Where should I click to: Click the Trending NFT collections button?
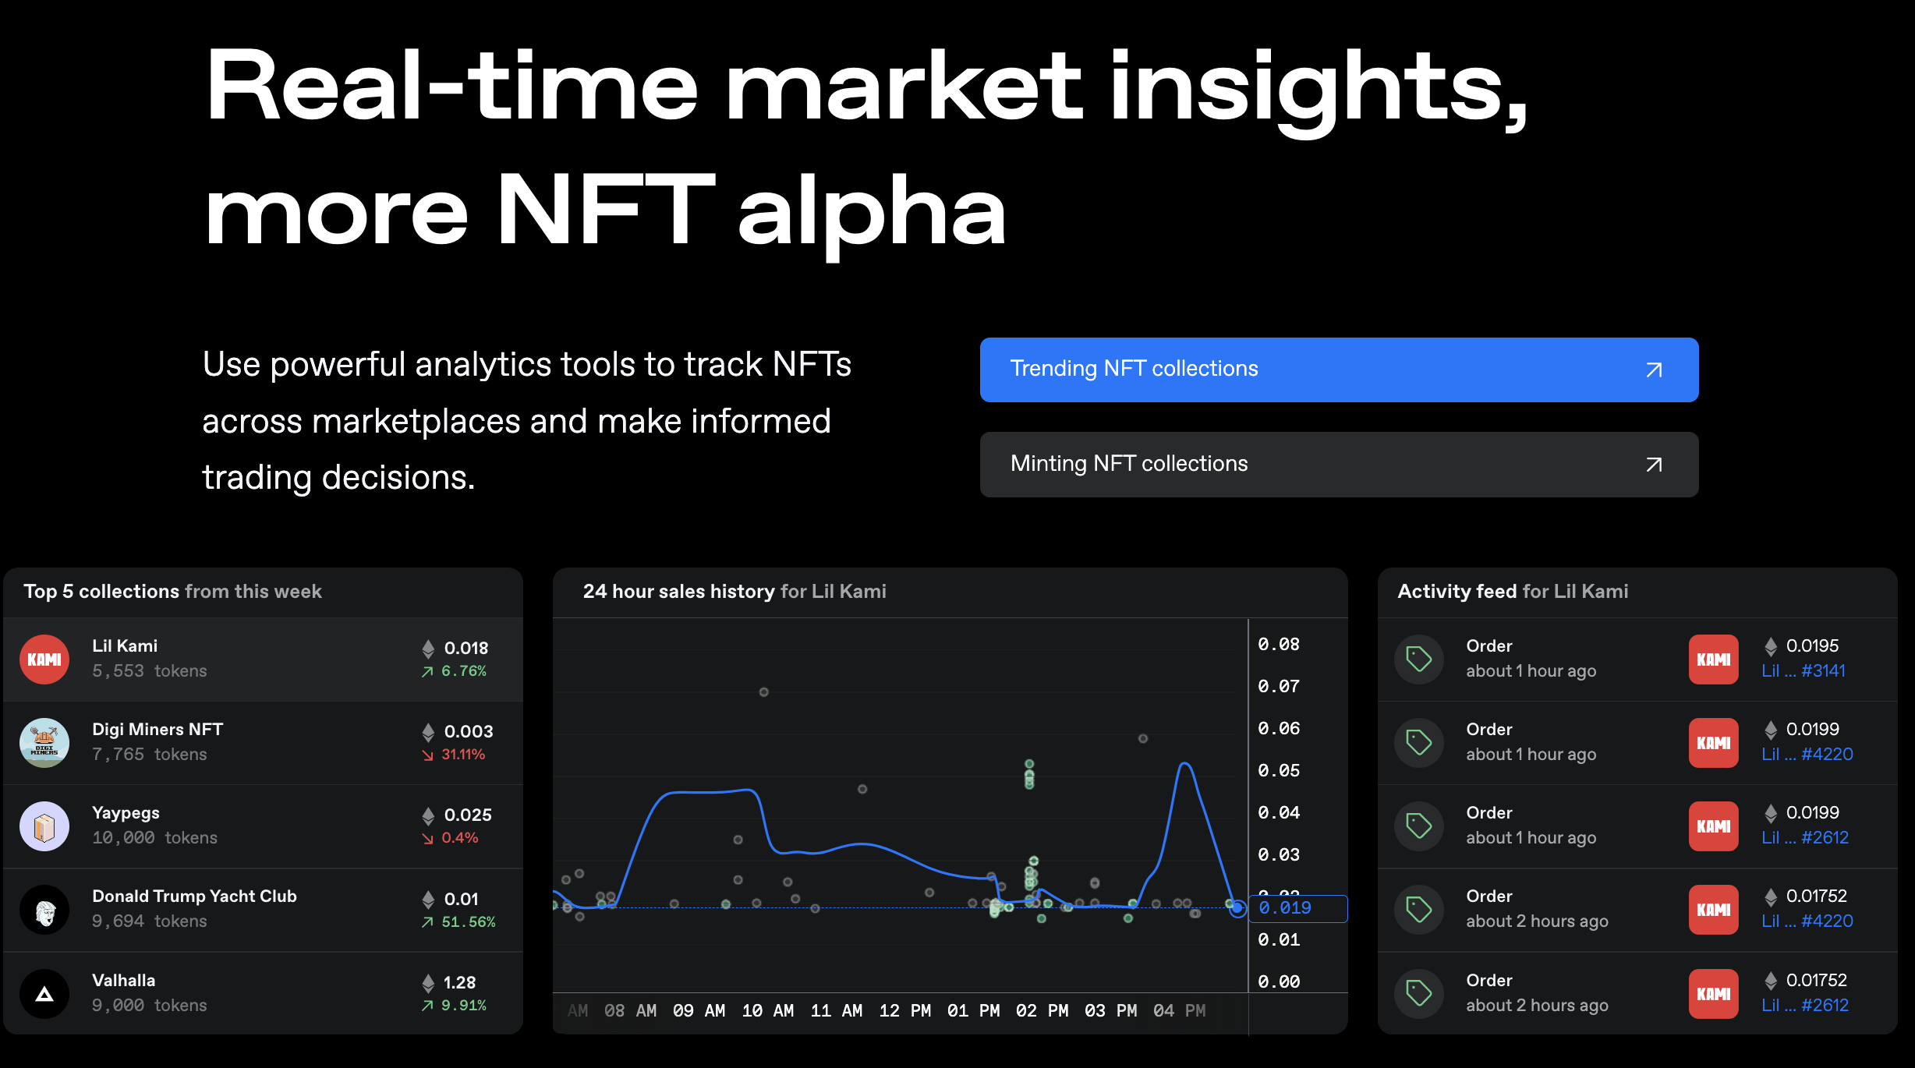tap(1338, 370)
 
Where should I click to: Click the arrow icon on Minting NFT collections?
tap(1653, 465)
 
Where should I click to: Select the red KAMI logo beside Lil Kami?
tap(44, 660)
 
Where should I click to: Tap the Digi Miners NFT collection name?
tap(158, 730)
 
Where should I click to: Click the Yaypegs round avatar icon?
tap(44, 826)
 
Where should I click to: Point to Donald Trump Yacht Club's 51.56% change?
tap(468, 922)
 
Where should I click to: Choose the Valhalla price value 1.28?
tap(459, 982)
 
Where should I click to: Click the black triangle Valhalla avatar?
tap(44, 994)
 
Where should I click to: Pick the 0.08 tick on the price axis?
tap(1279, 645)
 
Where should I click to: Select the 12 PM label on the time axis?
tap(904, 1011)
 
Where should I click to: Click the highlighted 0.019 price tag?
tap(1285, 908)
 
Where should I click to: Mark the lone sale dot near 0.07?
tap(763, 692)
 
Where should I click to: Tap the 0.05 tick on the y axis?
tap(1279, 771)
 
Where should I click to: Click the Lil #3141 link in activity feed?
tap(1803, 671)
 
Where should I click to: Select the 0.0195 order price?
tap(1812, 646)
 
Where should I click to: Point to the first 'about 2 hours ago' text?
tap(1536, 921)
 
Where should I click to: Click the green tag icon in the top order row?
tap(1418, 660)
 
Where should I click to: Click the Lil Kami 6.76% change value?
tap(463, 671)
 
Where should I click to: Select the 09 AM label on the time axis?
tap(699, 1011)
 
